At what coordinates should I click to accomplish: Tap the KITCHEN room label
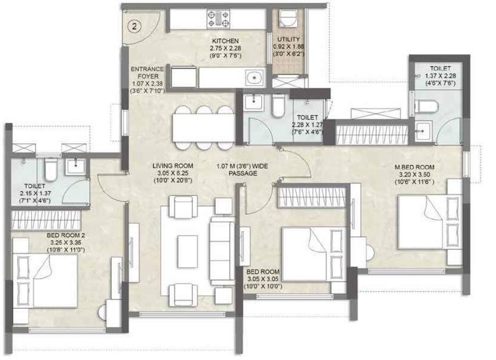[226, 41]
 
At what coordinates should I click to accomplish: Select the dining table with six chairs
[203, 127]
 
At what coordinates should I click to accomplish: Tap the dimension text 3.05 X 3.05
[264, 279]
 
